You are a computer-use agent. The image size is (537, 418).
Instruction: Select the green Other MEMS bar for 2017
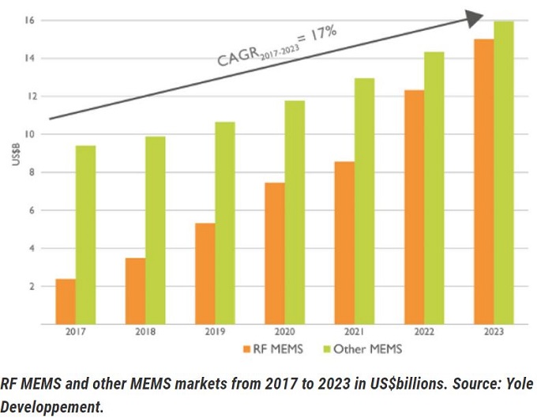85,235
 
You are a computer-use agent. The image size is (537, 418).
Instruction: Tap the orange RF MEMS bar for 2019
204,273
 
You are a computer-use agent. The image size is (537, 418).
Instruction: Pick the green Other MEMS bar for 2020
294,212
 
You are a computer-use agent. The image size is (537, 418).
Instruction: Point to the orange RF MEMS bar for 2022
415,207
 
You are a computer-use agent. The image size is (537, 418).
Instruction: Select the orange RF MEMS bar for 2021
345,243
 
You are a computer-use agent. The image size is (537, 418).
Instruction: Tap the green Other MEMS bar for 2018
156,230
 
